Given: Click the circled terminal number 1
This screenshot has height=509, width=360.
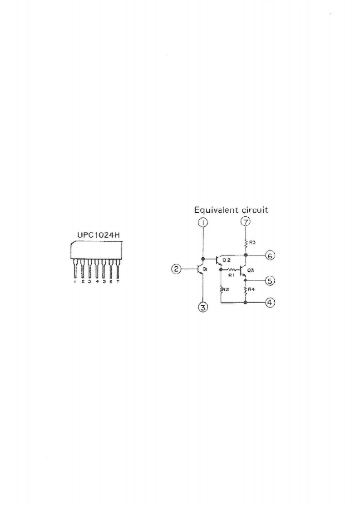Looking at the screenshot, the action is click(x=203, y=222).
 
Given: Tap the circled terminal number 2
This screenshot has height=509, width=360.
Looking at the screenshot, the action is click(x=175, y=269).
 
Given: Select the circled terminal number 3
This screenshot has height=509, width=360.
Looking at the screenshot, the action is click(x=203, y=308).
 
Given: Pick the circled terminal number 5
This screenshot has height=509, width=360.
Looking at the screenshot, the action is click(x=270, y=281).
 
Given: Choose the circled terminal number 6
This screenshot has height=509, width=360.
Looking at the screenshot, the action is click(x=270, y=256).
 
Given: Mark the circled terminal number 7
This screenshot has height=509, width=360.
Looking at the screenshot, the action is click(x=245, y=222).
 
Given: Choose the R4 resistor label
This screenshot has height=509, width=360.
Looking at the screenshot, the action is click(x=250, y=289).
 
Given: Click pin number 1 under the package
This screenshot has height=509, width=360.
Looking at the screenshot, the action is click(x=75, y=281).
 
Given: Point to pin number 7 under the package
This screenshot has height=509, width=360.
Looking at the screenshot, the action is click(x=118, y=281).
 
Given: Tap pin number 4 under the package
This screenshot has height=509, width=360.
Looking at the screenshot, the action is click(x=97, y=281).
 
